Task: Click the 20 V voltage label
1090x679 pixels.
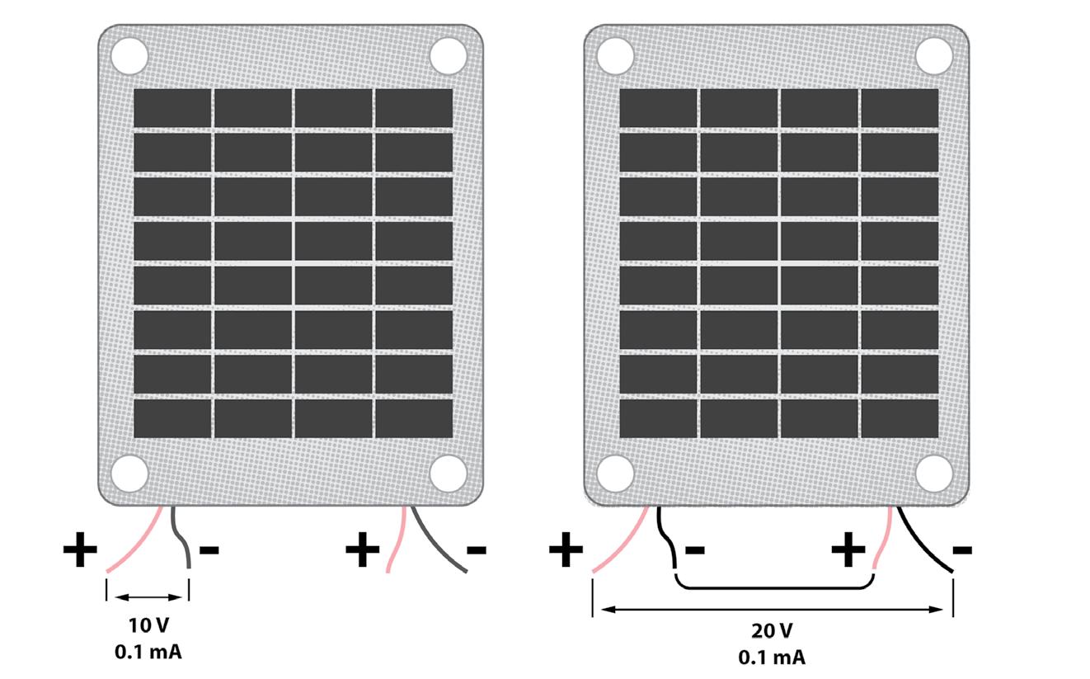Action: tap(772, 632)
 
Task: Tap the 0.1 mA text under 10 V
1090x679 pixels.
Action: tap(148, 651)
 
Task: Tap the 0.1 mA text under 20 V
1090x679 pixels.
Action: tap(772, 658)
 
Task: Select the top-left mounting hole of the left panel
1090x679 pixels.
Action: tap(129, 56)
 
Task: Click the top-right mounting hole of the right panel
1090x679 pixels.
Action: tap(934, 56)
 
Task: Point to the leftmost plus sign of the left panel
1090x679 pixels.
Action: tap(80, 550)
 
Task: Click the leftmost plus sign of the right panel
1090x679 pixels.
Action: tap(566, 550)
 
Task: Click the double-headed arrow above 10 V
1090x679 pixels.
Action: tap(148, 597)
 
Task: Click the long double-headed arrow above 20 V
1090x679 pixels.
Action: tap(772, 611)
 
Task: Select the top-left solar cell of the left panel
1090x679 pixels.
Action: tap(171, 108)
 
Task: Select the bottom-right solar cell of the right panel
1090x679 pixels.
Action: tap(900, 418)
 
